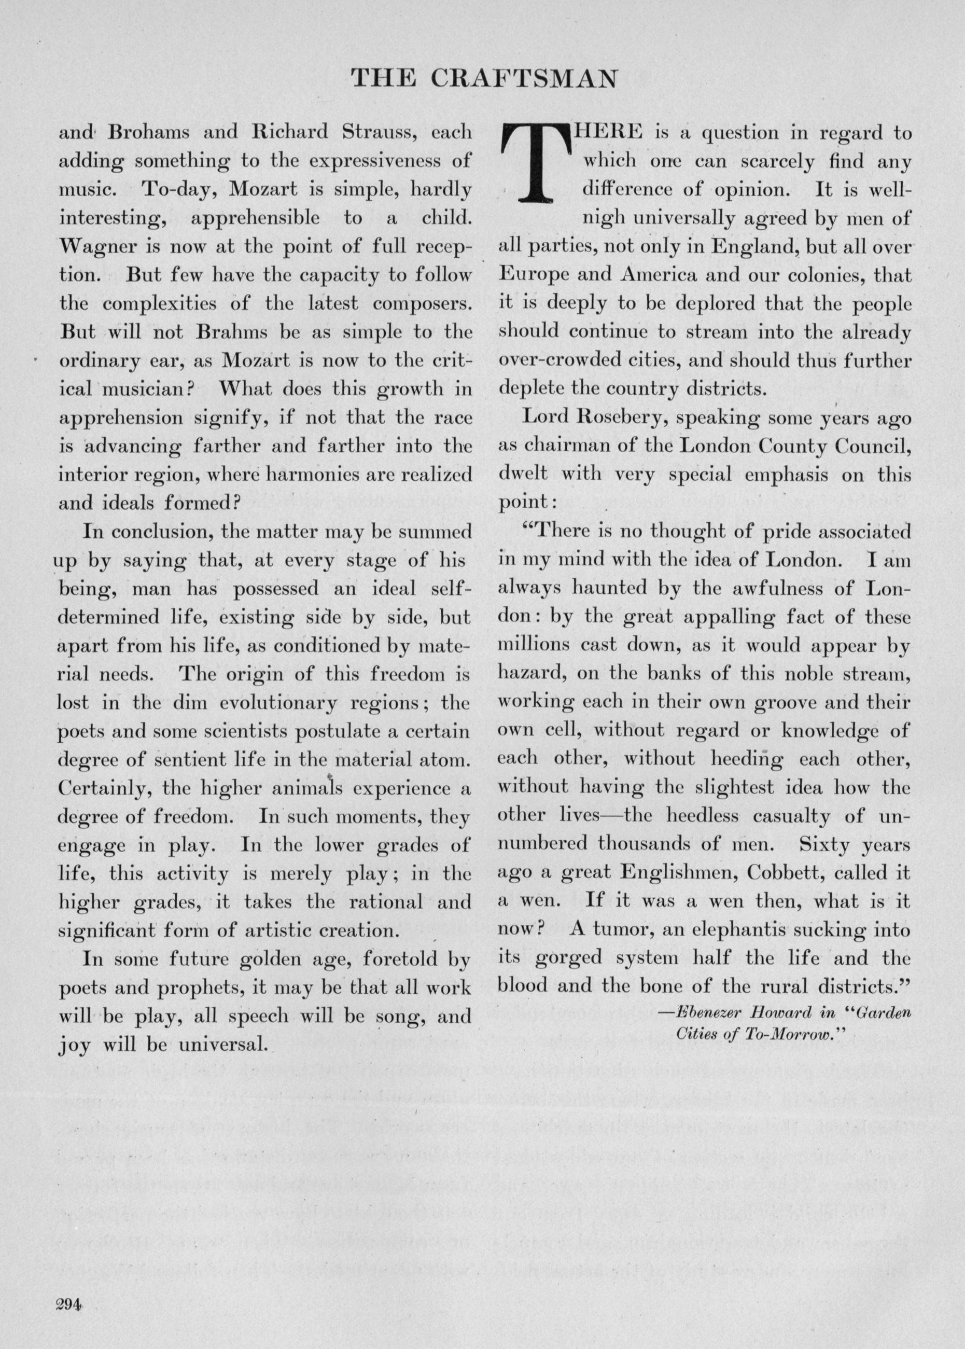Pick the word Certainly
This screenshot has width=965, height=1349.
point(105,789)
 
